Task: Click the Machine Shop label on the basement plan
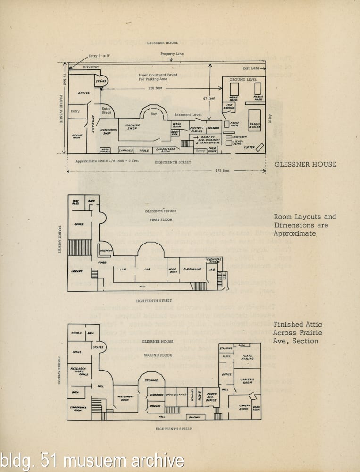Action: click(133, 127)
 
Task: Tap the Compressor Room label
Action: click(166, 150)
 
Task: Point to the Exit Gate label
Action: click(251, 68)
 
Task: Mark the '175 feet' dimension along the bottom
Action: click(222, 170)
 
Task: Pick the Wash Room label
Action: click(177, 125)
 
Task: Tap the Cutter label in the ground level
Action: click(249, 147)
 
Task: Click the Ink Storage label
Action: click(229, 107)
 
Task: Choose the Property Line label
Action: click(172, 54)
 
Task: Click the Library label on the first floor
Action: click(77, 271)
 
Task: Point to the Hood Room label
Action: click(172, 270)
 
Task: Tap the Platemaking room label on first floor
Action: click(192, 269)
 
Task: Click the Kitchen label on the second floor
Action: click(76, 333)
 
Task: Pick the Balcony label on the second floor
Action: click(194, 417)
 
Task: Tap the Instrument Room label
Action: click(126, 398)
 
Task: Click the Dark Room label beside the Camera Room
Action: click(256, 409)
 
